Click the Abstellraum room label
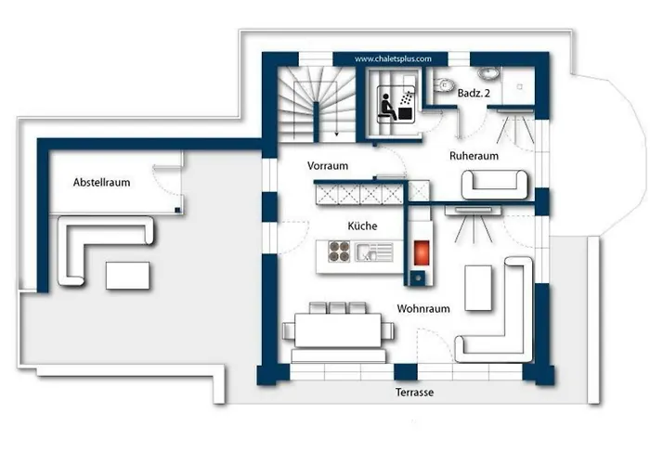coord(101,182)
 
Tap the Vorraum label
coord(328,166)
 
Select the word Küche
coord(362,226)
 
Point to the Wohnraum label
coord(423,309)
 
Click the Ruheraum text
coord(474,156)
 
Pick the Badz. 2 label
coord(474,93)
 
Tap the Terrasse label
coord(414,392)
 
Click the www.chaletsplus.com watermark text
coord(393,58)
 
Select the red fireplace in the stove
coord(422,252)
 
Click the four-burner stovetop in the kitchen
coord(339,251)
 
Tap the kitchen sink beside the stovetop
coord(374,251)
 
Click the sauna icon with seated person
coord(396,104)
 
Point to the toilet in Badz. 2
coord(442,85)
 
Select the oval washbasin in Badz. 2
coord(488,73)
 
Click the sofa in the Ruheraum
coord(495,185)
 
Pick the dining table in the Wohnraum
coord(338,330)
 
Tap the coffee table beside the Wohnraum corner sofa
coord(478,288)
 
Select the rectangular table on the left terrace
coord(128,276)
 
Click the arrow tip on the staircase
coord(336,135)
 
